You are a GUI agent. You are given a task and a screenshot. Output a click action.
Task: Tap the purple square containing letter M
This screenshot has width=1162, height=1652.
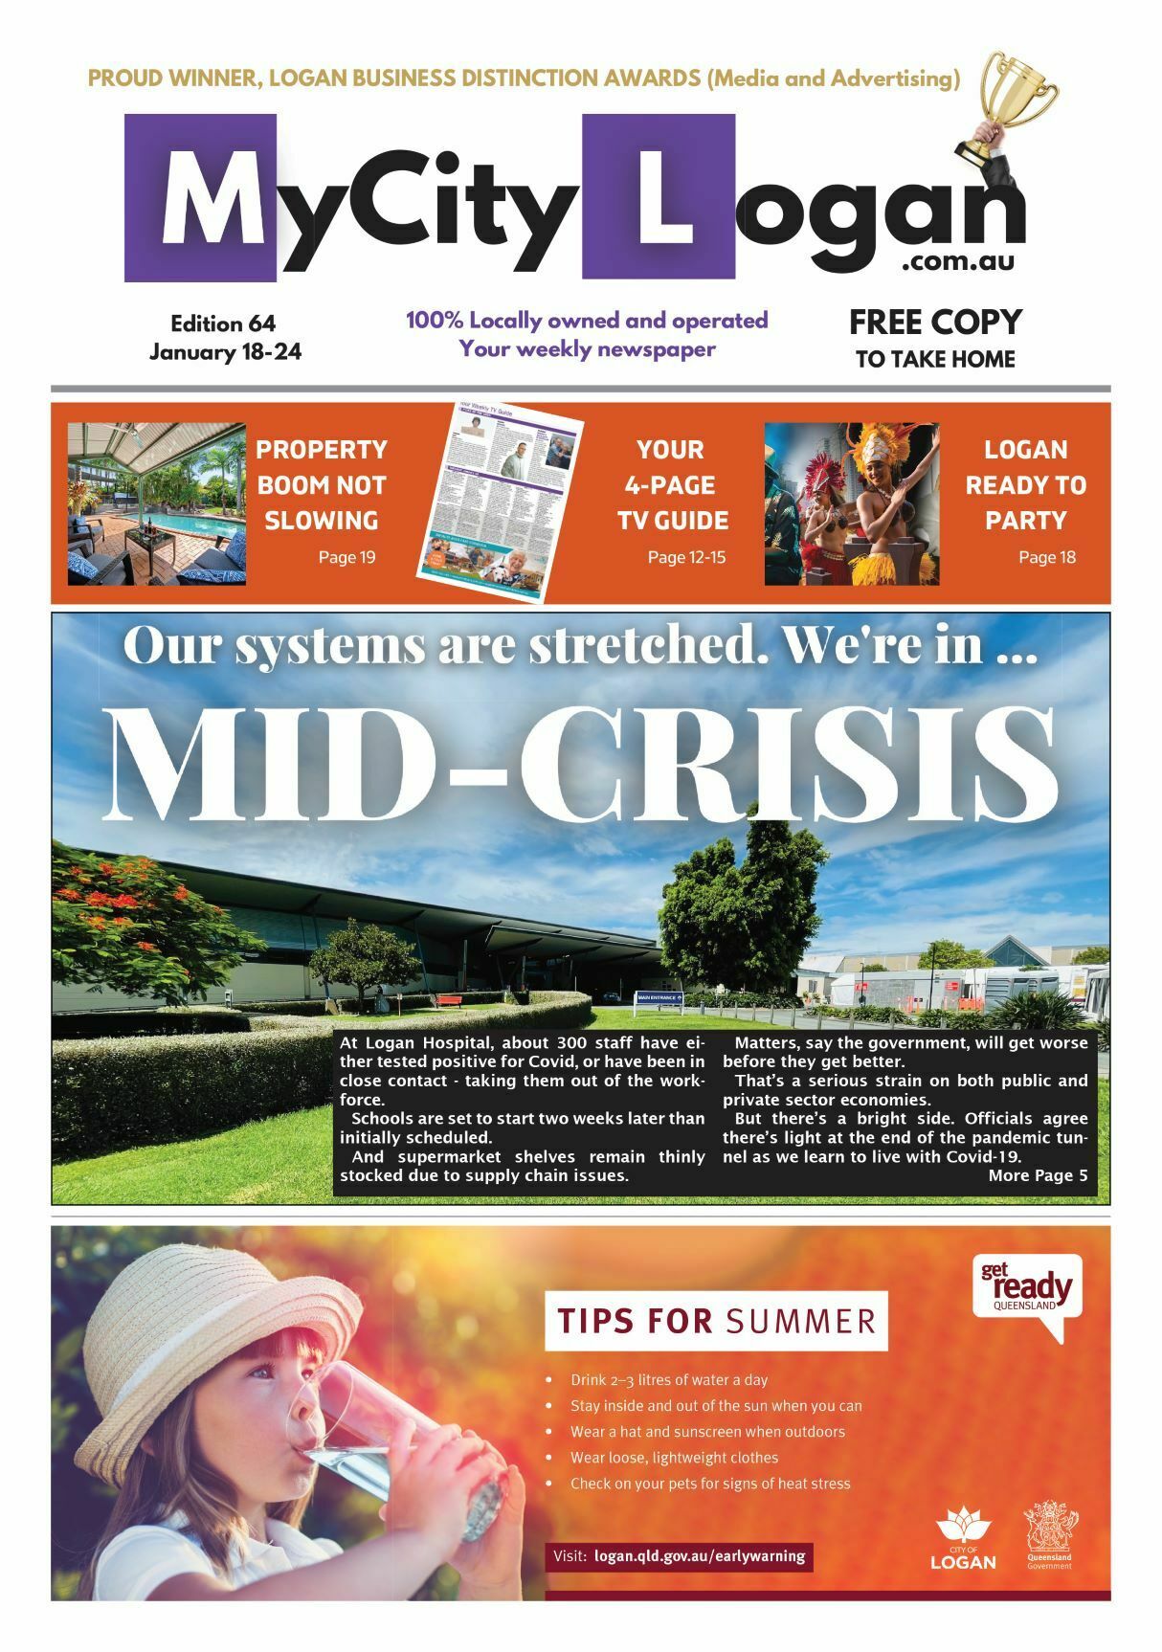tap(200, 198)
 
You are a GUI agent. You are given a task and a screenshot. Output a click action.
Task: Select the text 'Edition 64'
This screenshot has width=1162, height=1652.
tap(223, 324)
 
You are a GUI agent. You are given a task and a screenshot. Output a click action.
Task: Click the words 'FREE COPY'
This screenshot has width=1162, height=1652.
tap(934, 322)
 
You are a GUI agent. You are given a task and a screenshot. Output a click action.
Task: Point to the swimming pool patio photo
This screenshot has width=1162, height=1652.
tap(156, 503)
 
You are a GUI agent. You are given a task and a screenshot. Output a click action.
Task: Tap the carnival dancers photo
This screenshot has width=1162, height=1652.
tap(851, 503)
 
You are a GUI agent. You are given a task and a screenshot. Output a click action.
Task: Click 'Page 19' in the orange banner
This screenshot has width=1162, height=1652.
tap(346, 557)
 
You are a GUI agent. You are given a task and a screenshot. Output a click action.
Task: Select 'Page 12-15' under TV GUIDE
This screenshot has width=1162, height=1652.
tap(686, 557)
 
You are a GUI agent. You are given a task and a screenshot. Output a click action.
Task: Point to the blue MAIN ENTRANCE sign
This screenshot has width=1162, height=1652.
tap(659, 998)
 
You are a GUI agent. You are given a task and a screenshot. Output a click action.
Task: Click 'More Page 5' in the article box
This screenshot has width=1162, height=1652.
tap(1037, 1175)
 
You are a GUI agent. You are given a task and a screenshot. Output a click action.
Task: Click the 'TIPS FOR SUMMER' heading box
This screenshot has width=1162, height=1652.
tap(715, 1321)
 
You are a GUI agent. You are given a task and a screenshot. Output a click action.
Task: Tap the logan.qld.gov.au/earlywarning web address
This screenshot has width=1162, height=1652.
tap(699, 1556)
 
